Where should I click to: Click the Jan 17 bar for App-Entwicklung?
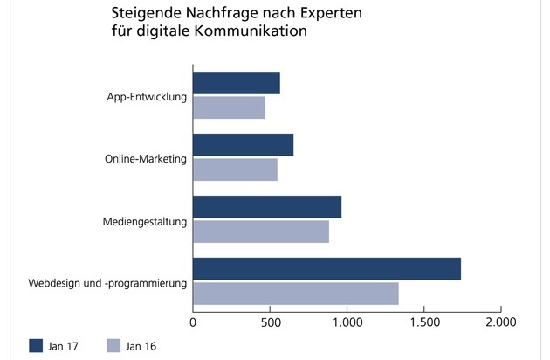(x=236, y=83)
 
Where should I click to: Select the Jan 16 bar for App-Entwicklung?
(x=229, y=107)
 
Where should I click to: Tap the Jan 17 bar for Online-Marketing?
(x=243, y=145)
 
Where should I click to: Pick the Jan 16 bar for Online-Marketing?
(x=235, y=170)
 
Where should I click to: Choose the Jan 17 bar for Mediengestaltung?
(x=266, y=207)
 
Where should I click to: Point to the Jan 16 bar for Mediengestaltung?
(x=260, y=232)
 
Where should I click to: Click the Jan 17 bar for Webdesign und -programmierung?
(x=327, y=269)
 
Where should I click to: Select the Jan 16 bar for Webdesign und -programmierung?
(x=295, y=294)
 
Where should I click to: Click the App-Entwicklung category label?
(x=141, y=96)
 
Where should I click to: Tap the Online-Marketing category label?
(x=146, y=158)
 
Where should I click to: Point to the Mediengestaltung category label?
(x=145, y=221)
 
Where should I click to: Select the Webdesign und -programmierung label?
(x=108, y=283)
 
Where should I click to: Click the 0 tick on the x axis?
(x=193, y=322)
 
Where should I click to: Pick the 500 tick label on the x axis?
(x=270, y=322)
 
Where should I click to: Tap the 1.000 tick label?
(x=347, y=322)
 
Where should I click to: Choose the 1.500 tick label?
(x=423, y=322)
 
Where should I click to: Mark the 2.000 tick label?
(x=500, y=322)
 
